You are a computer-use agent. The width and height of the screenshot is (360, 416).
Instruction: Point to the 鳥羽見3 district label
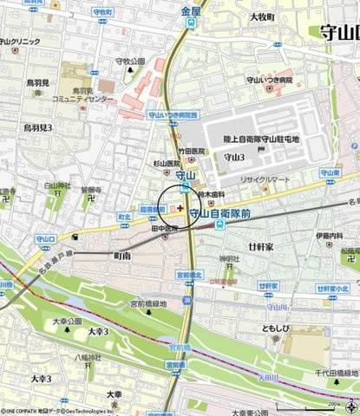pyautogui.click(x=37, y=127)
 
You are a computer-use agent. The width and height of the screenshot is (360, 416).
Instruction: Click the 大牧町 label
pyautogui.click(x=261, y=16)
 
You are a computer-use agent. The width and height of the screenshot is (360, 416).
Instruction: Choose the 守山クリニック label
pyautogui.click(x=21, y=42)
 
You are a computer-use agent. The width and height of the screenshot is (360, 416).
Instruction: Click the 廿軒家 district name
pyautogui.click(x=260, y=247)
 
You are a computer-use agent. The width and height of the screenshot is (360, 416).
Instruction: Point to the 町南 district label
pyautogui.click(x=122, y=257)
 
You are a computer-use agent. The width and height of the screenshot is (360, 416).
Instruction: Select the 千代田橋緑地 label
pyautogui.click(x=336, y=372)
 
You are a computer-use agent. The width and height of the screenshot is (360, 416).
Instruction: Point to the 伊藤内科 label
pyautogui.click(x=329, y=235)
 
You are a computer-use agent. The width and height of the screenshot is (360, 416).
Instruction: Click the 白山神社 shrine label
pyautogui.click(x=57, y=185)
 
